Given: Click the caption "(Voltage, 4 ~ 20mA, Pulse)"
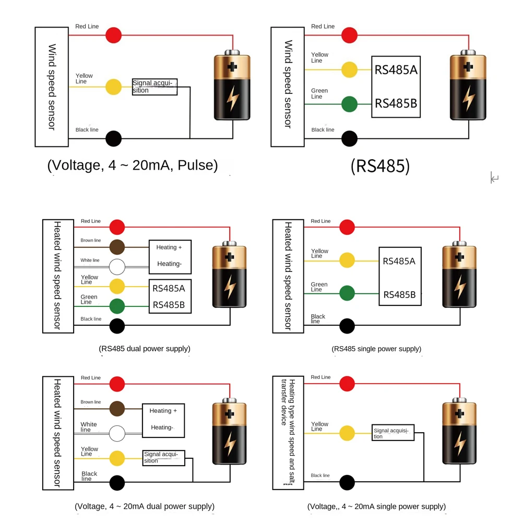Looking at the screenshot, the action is click(x=133, y=165).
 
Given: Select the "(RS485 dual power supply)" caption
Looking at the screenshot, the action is click(x=145, y=349).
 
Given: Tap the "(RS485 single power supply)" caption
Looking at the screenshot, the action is click(x=376, y=349).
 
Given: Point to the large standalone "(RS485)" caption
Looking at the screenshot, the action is click(x=380, y=166).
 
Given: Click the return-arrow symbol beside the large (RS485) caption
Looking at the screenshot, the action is click(x=494, y=177).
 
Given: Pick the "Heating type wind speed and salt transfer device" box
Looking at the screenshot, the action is click(x=288, y=433).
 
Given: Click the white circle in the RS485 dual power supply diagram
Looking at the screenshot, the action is click(x=117, y=267).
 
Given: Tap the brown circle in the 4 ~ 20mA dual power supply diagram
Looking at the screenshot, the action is click(x=117, y=409).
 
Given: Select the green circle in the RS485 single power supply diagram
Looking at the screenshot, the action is click(x=347, y=293).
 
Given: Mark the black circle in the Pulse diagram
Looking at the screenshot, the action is click(x=113, y=138).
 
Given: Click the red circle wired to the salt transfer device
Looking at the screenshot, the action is click(x=347, y=384).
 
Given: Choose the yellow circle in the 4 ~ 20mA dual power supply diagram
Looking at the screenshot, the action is click(x=117, y=458).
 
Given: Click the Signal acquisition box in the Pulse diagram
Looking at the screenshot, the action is click(x=155, y=87).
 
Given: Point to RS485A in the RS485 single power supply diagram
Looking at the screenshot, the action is click(x=399, y=262).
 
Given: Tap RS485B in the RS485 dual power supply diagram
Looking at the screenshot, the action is click(x=169, y=305).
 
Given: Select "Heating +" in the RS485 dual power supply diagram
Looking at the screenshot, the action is click(x=169, y=247).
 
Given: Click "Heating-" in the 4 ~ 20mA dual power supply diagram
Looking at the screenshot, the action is click(x=162, y=428).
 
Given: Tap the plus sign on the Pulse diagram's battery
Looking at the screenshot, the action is click(x=232, y=67).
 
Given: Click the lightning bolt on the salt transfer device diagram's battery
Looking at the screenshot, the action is click(x=460, y=443).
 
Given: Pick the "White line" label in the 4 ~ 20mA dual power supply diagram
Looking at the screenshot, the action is click(x=89, y=427).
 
